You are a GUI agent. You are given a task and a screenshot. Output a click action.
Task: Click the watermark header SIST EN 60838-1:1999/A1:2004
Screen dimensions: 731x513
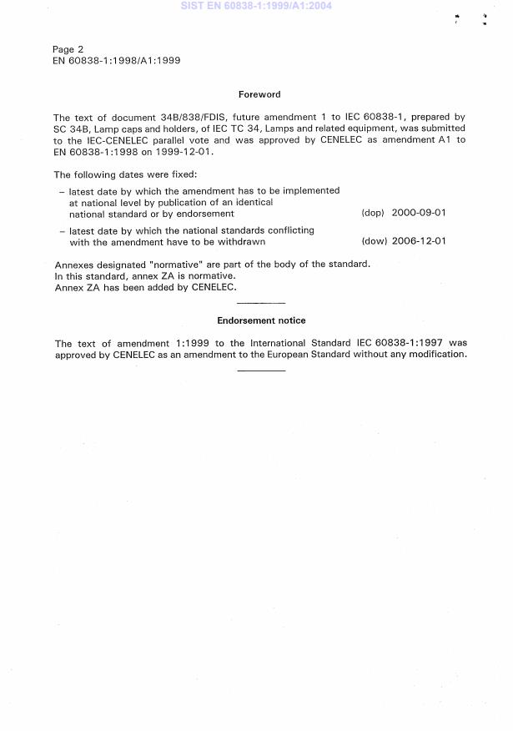(256, 6)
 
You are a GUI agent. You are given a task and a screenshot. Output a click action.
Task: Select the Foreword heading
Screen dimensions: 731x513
(259, 95)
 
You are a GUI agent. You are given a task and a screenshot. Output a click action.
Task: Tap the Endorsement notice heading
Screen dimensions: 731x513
(261, 320)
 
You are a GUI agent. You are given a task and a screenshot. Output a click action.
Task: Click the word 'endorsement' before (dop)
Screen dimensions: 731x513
(204, 214)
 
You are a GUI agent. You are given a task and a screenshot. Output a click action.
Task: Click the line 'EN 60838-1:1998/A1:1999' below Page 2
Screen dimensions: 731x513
(117, 61)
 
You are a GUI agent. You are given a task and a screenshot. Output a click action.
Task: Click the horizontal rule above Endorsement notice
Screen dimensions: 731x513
(261, 302)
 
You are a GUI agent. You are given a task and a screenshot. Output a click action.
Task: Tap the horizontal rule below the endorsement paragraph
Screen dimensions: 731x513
(261, 371)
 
